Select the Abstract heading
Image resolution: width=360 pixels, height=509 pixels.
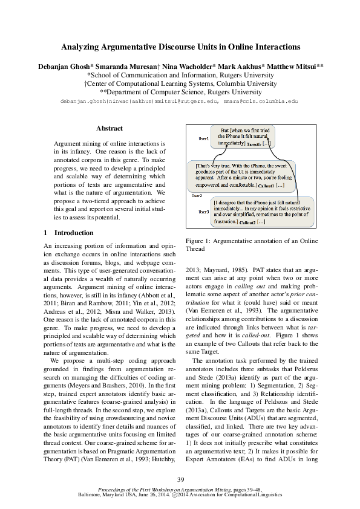click(110, 128)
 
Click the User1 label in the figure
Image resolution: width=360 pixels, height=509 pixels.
click(204, 139)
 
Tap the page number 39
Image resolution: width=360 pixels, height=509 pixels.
click(180, 479)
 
